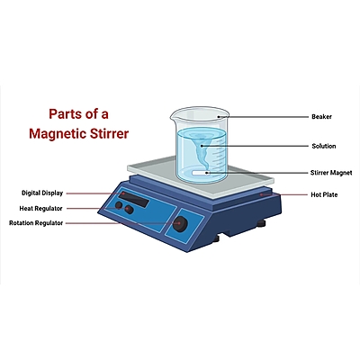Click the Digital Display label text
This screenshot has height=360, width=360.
coord(43,193)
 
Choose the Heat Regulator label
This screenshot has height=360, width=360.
coord(42,208)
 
